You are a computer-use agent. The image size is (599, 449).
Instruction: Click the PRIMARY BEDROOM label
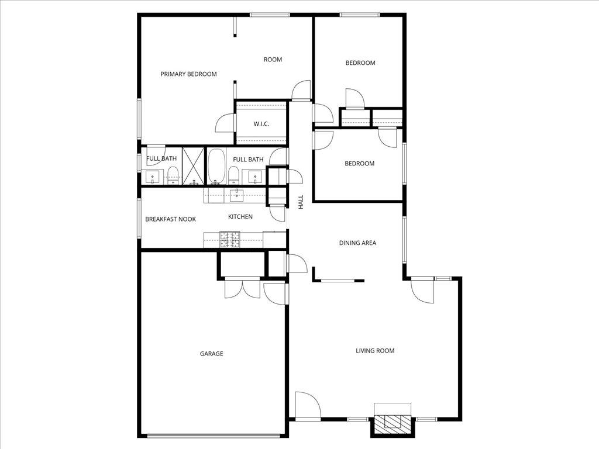tap(188, 74)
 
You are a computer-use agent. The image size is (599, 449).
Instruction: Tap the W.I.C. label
tap(261, 124)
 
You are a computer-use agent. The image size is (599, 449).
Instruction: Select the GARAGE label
tap(211, 354)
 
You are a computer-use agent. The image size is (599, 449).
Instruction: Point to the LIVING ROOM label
tap(375, 351)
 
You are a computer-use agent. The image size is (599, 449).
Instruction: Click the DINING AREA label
tap(357, 243)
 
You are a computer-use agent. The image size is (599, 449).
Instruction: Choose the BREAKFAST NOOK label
tap(170, 219)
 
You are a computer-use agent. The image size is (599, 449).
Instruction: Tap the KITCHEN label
tap(240, 217)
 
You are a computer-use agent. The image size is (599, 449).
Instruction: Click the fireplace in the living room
tap(393, 422)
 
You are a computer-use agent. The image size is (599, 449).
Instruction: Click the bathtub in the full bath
tap(216, 165)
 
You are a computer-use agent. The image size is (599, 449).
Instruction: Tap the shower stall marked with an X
tap(193, 165)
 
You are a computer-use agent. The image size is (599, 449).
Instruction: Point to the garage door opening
tap(214, 435)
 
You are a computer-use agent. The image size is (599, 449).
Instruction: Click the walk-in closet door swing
tap(225, 123)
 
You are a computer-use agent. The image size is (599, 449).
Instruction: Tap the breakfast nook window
tap(139, 218)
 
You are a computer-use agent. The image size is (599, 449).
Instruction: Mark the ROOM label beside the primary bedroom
tap(273, 60)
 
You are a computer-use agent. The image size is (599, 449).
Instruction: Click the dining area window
tap(403, 240)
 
